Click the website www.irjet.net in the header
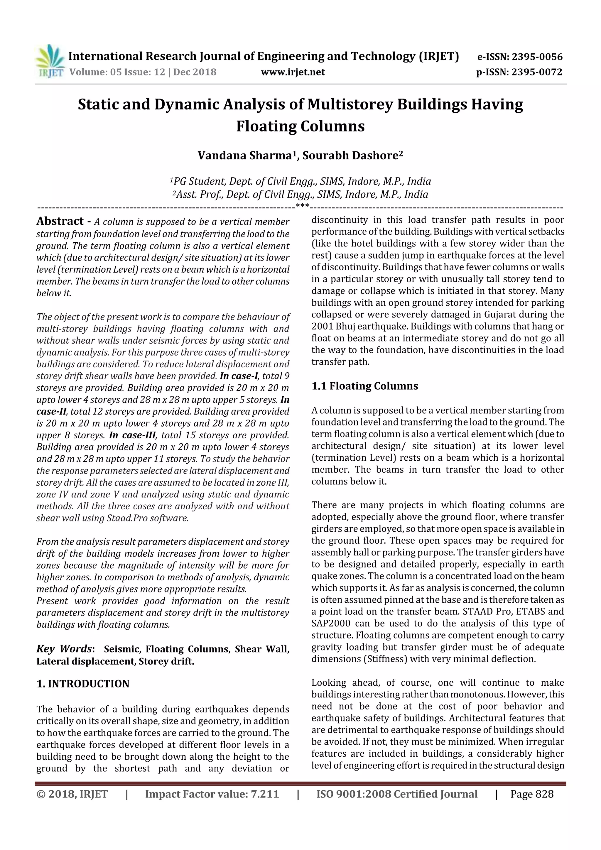pos(293,72)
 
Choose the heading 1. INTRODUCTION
pos(83,684)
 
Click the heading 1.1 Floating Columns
pos(364,386)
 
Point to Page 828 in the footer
pos(532,794)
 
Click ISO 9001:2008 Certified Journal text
pos(397,794)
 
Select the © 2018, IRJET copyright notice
pos(72,794)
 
